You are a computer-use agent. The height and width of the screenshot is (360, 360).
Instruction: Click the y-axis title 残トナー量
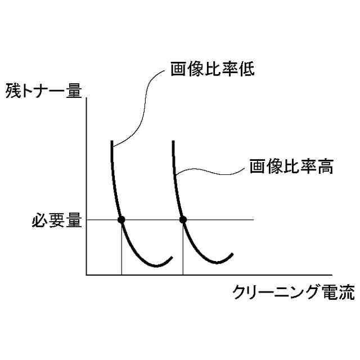43,90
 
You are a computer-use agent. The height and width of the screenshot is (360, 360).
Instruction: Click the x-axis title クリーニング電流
294,292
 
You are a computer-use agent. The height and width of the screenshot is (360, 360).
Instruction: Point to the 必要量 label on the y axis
57,220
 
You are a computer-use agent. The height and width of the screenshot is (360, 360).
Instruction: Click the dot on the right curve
182,219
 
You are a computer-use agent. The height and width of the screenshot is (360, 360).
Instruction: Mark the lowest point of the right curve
217,263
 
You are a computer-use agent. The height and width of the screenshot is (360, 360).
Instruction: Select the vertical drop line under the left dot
121,247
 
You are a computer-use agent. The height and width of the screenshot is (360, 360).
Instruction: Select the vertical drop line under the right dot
183,247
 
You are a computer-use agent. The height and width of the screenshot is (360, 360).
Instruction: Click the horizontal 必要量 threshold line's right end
254,219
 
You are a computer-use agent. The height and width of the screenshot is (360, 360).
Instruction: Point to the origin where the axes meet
87,275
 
